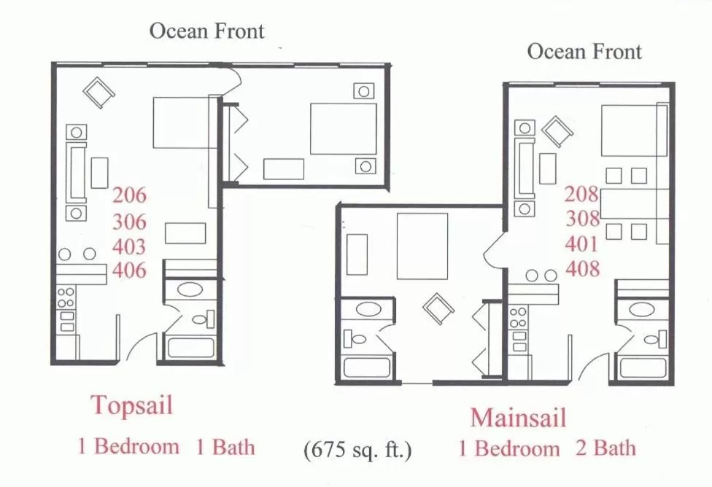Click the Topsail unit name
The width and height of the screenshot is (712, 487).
131,405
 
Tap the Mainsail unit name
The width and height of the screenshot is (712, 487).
518,418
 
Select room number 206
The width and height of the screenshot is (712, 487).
129,195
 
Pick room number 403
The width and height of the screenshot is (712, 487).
129,246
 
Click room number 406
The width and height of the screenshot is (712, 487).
129,270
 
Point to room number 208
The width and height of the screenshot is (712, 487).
581,194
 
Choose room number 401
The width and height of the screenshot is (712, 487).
581,243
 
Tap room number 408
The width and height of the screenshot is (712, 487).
581,268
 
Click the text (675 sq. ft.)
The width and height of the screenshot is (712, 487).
357,449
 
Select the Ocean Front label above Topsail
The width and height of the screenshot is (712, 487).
206,31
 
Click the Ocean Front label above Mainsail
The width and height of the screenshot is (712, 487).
584,51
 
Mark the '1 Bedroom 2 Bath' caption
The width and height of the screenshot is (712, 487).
546,448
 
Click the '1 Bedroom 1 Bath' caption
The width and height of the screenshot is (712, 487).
166,446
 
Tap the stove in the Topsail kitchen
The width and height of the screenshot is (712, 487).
66,309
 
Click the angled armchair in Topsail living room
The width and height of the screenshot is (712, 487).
98,92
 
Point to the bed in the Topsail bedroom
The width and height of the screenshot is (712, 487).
343,128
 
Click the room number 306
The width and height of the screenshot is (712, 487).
129,222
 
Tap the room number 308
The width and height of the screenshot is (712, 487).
581,219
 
